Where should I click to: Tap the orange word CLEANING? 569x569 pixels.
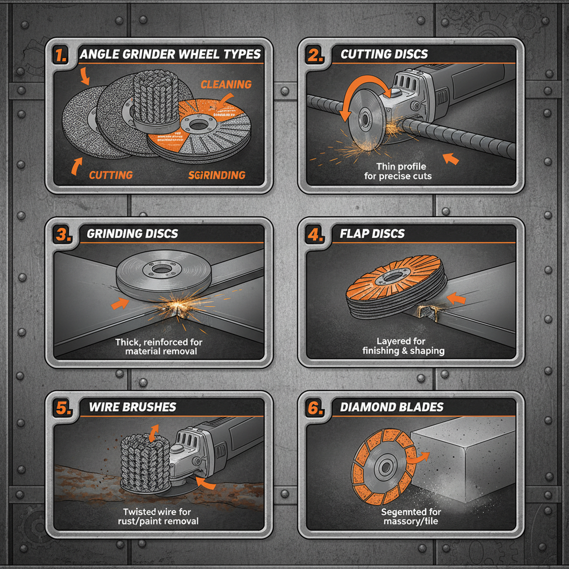(x=226, y=84)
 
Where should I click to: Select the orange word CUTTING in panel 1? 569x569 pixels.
(x=111, y=175)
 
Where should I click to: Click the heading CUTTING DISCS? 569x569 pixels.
(x=384, y=54)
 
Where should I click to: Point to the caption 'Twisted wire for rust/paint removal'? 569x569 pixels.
(x=161, y=516)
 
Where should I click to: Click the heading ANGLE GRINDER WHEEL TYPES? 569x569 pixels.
(x=170, y=54)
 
